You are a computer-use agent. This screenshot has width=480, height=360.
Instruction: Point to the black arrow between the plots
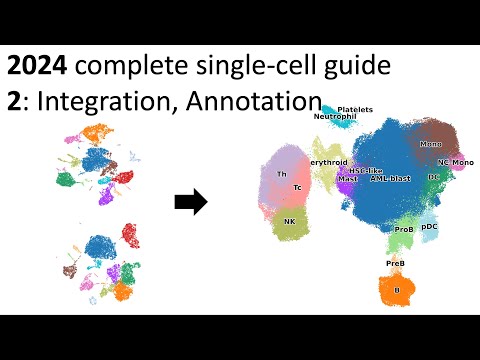tap(190, 203)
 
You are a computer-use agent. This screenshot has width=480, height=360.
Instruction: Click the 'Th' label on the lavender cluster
tap(282, 174)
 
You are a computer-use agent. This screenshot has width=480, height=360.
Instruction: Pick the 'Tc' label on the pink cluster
tap(297, 187)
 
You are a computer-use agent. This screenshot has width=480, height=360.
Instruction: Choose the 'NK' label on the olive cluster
tap(289, 221)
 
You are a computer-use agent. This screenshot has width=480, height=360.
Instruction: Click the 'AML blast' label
tap(390, 178)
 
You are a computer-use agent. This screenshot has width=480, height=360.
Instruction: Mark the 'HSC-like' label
tap(353, 171)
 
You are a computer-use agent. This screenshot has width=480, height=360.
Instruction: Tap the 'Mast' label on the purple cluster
tap(348, 179)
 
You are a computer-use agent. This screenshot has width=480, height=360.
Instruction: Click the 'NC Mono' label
tap(456, 162)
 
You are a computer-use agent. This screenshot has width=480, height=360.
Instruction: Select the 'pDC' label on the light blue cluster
tap(430, 227)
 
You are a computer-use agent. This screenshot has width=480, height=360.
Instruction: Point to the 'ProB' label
tap(404, 229)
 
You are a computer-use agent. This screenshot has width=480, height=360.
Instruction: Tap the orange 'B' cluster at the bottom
tap(397, 289)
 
